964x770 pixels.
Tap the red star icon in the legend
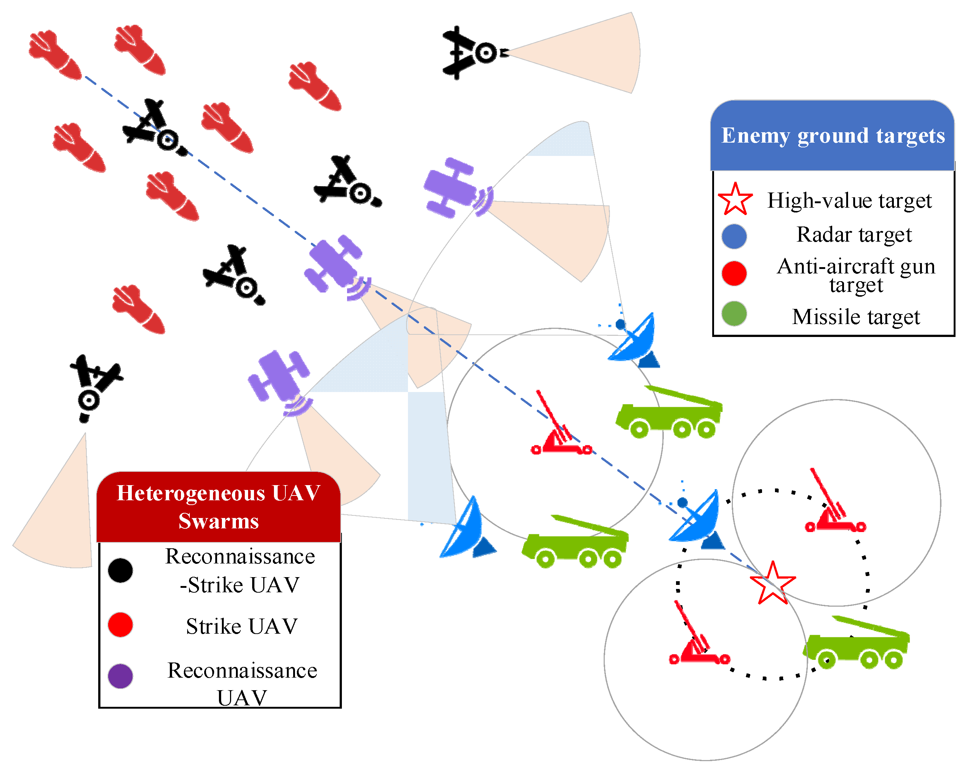(735, 200)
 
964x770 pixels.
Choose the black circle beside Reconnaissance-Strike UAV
(120, 570)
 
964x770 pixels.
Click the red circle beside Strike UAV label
(120, 624)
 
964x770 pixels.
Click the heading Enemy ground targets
(833, 136)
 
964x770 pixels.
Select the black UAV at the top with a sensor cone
(472, 53)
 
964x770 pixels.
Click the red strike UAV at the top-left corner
(55, 55)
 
